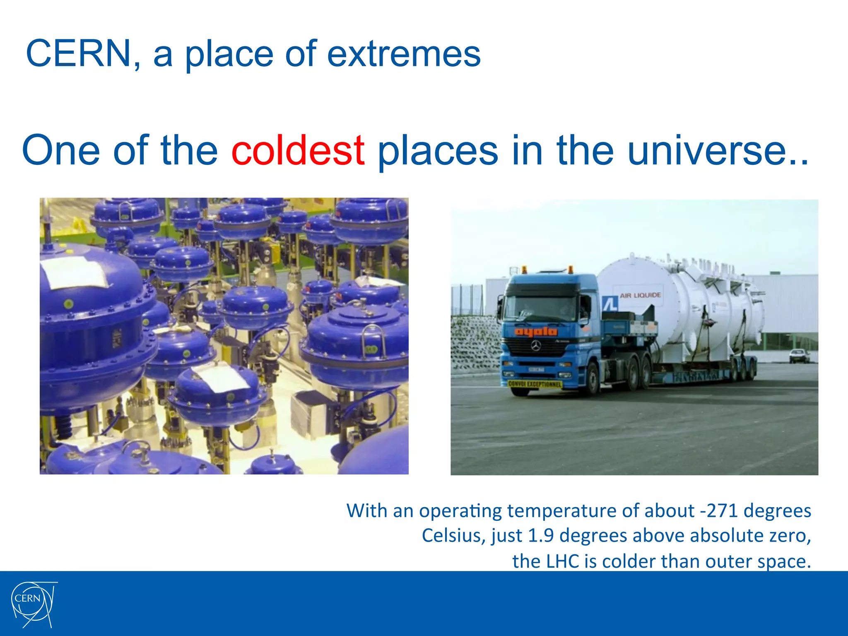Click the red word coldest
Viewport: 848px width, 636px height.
click(x=298, y=150)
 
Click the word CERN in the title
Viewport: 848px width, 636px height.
click(x=79, y=53)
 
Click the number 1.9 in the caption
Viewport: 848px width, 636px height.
click(x=540, y=535)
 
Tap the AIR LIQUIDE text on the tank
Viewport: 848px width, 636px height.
click(x=640, y=295)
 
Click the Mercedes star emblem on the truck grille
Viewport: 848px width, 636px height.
click(x=536, y=345)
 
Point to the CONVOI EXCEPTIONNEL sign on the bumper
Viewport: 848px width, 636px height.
click(x=535, y=384)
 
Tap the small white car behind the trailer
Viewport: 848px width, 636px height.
click(x=799, y=355)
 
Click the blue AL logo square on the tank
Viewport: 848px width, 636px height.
click(x=610, y=304)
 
